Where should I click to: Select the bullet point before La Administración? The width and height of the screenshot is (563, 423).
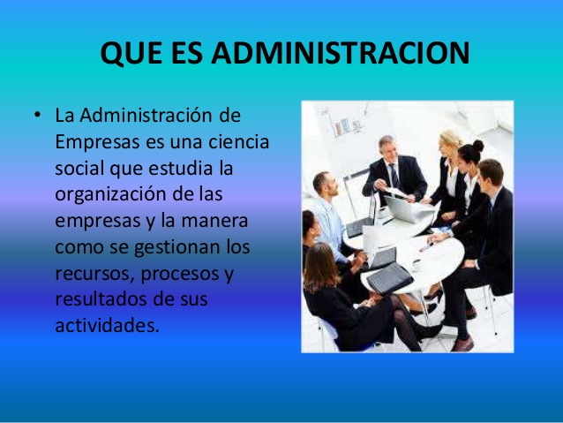point(38,115)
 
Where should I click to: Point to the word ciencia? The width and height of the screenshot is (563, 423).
point(238,141)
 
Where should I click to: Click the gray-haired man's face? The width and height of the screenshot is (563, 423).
point(388,148)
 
